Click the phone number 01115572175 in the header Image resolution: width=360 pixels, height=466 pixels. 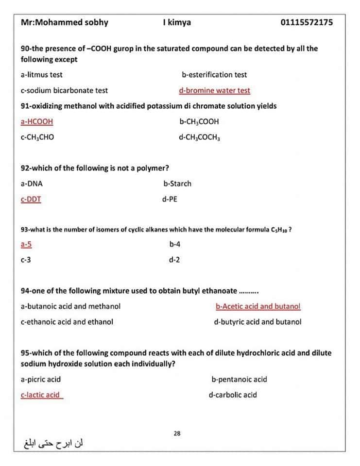click(307, 22)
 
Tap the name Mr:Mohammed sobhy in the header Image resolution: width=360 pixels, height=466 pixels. click(65, 22)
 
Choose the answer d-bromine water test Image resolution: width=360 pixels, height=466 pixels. click(214, 90)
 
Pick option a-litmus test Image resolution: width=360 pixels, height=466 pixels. click(41, 75)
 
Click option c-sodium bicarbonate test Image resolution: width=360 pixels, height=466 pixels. click(64, 90)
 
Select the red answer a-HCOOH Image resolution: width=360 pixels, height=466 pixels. click(37, 121)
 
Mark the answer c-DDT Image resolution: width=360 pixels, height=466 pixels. click(31, 199)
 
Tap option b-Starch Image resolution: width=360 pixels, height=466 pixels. click(177, 183)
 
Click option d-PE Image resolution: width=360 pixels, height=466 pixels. click(170, 199)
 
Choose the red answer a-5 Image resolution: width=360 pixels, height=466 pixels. click(26, 244)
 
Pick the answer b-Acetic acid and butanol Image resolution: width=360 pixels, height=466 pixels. click(258, 306)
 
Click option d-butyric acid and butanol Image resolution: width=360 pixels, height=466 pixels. click(257, 322)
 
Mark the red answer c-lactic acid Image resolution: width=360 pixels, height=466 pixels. click(41, 395)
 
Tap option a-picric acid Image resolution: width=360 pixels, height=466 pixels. click(41, 379)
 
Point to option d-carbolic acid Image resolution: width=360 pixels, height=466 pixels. click(233, 395)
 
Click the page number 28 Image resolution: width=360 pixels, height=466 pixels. click(177, 433)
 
